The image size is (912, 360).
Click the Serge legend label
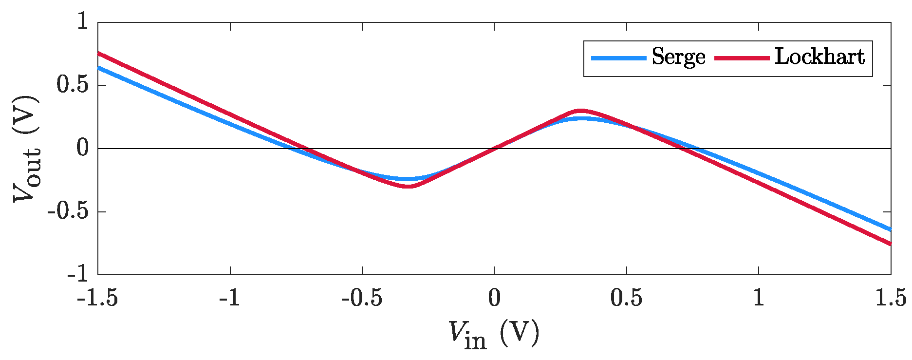pyautogui.click(x=678, y=57)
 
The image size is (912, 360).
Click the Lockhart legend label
pyautogui.click(x=819, y=57)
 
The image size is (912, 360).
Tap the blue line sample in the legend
pyautogui.click(x=618, y=58)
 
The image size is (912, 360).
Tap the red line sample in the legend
pyautogui.click(x=742, y=58)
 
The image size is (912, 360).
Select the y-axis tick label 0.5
pyautogui.click(x=73, y=85)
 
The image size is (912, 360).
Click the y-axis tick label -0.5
pyautogui.click(x=68, y=211)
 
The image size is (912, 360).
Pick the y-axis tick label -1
pyautogui.click(x=78, y=274)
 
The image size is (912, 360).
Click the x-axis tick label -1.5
pyautogui.click(x=97, y=298)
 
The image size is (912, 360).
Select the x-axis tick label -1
pyautogui.click(x=229, y=298)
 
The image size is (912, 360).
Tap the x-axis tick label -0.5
pyautogui.click(x=361, y=298)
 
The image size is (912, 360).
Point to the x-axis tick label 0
pyautogui.click(x=494, y=298)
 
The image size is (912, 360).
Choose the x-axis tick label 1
pyautogui.click(x=759, y=298)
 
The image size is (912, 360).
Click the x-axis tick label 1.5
pyautogui.click(x=891, y=298)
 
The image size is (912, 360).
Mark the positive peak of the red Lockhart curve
pyautogui.click(x=580, y=111)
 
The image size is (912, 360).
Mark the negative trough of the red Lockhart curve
pyautogui.click(x=408, y=186)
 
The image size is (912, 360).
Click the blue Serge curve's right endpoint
pyautogui.click(x=891, y=229)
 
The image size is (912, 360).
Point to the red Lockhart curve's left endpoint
pyautogui.click(x=98, y=53)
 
